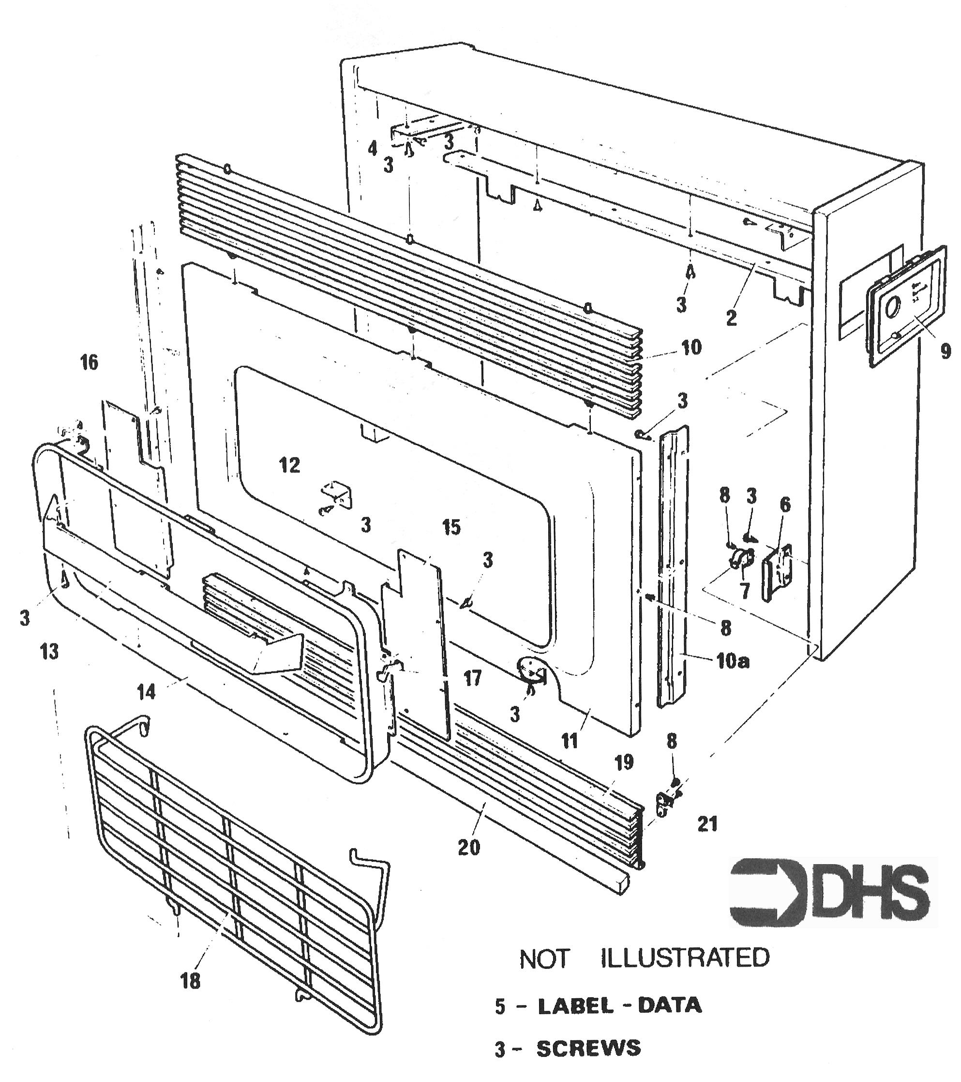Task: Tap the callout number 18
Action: pos(191,981)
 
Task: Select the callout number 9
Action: pos(946,351)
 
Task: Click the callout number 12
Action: pos(289,465)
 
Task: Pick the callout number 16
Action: pos(89,363)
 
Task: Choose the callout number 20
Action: pos(469,848)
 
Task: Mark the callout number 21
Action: pos(707,824)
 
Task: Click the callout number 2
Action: pos(731,318)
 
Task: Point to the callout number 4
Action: pos(373,149)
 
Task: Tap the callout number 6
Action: pos(785,505)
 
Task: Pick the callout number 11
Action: pos(570,742)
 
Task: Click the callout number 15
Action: pos(451,527)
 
